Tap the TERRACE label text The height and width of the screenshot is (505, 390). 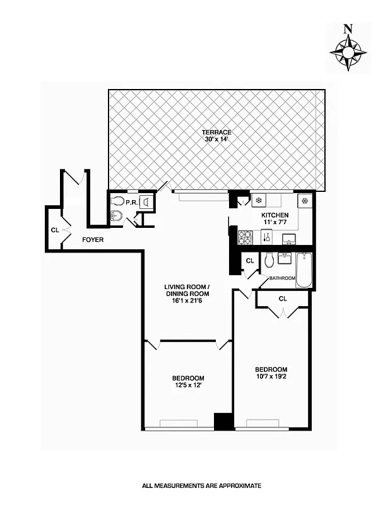[x=216, y=133]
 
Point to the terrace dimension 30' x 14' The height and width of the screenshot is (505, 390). [x=216, y=140]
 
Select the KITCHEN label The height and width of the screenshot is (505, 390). [x=275, y=215]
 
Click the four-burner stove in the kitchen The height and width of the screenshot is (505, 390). [x=245, y=238]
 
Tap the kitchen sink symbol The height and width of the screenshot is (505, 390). [x=290, y=239]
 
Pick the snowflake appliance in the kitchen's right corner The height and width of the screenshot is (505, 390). [x=304, y=201]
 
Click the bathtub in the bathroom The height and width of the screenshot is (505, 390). [x=304, y=270]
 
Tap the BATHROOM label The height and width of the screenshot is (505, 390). [x=282, y=278]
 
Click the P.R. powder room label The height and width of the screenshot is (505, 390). [x=131, y=202]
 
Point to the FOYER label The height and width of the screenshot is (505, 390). [x=93, y=240]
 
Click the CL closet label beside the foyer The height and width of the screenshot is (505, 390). [x=55, y=230]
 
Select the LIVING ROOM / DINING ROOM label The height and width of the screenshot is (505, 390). [x=187, y=290]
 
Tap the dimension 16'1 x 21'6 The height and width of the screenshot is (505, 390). [x=187, y=301]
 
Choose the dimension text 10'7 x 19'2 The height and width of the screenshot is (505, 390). [x=271, y=377]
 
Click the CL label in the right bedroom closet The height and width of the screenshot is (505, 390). [x=282, y=299]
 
